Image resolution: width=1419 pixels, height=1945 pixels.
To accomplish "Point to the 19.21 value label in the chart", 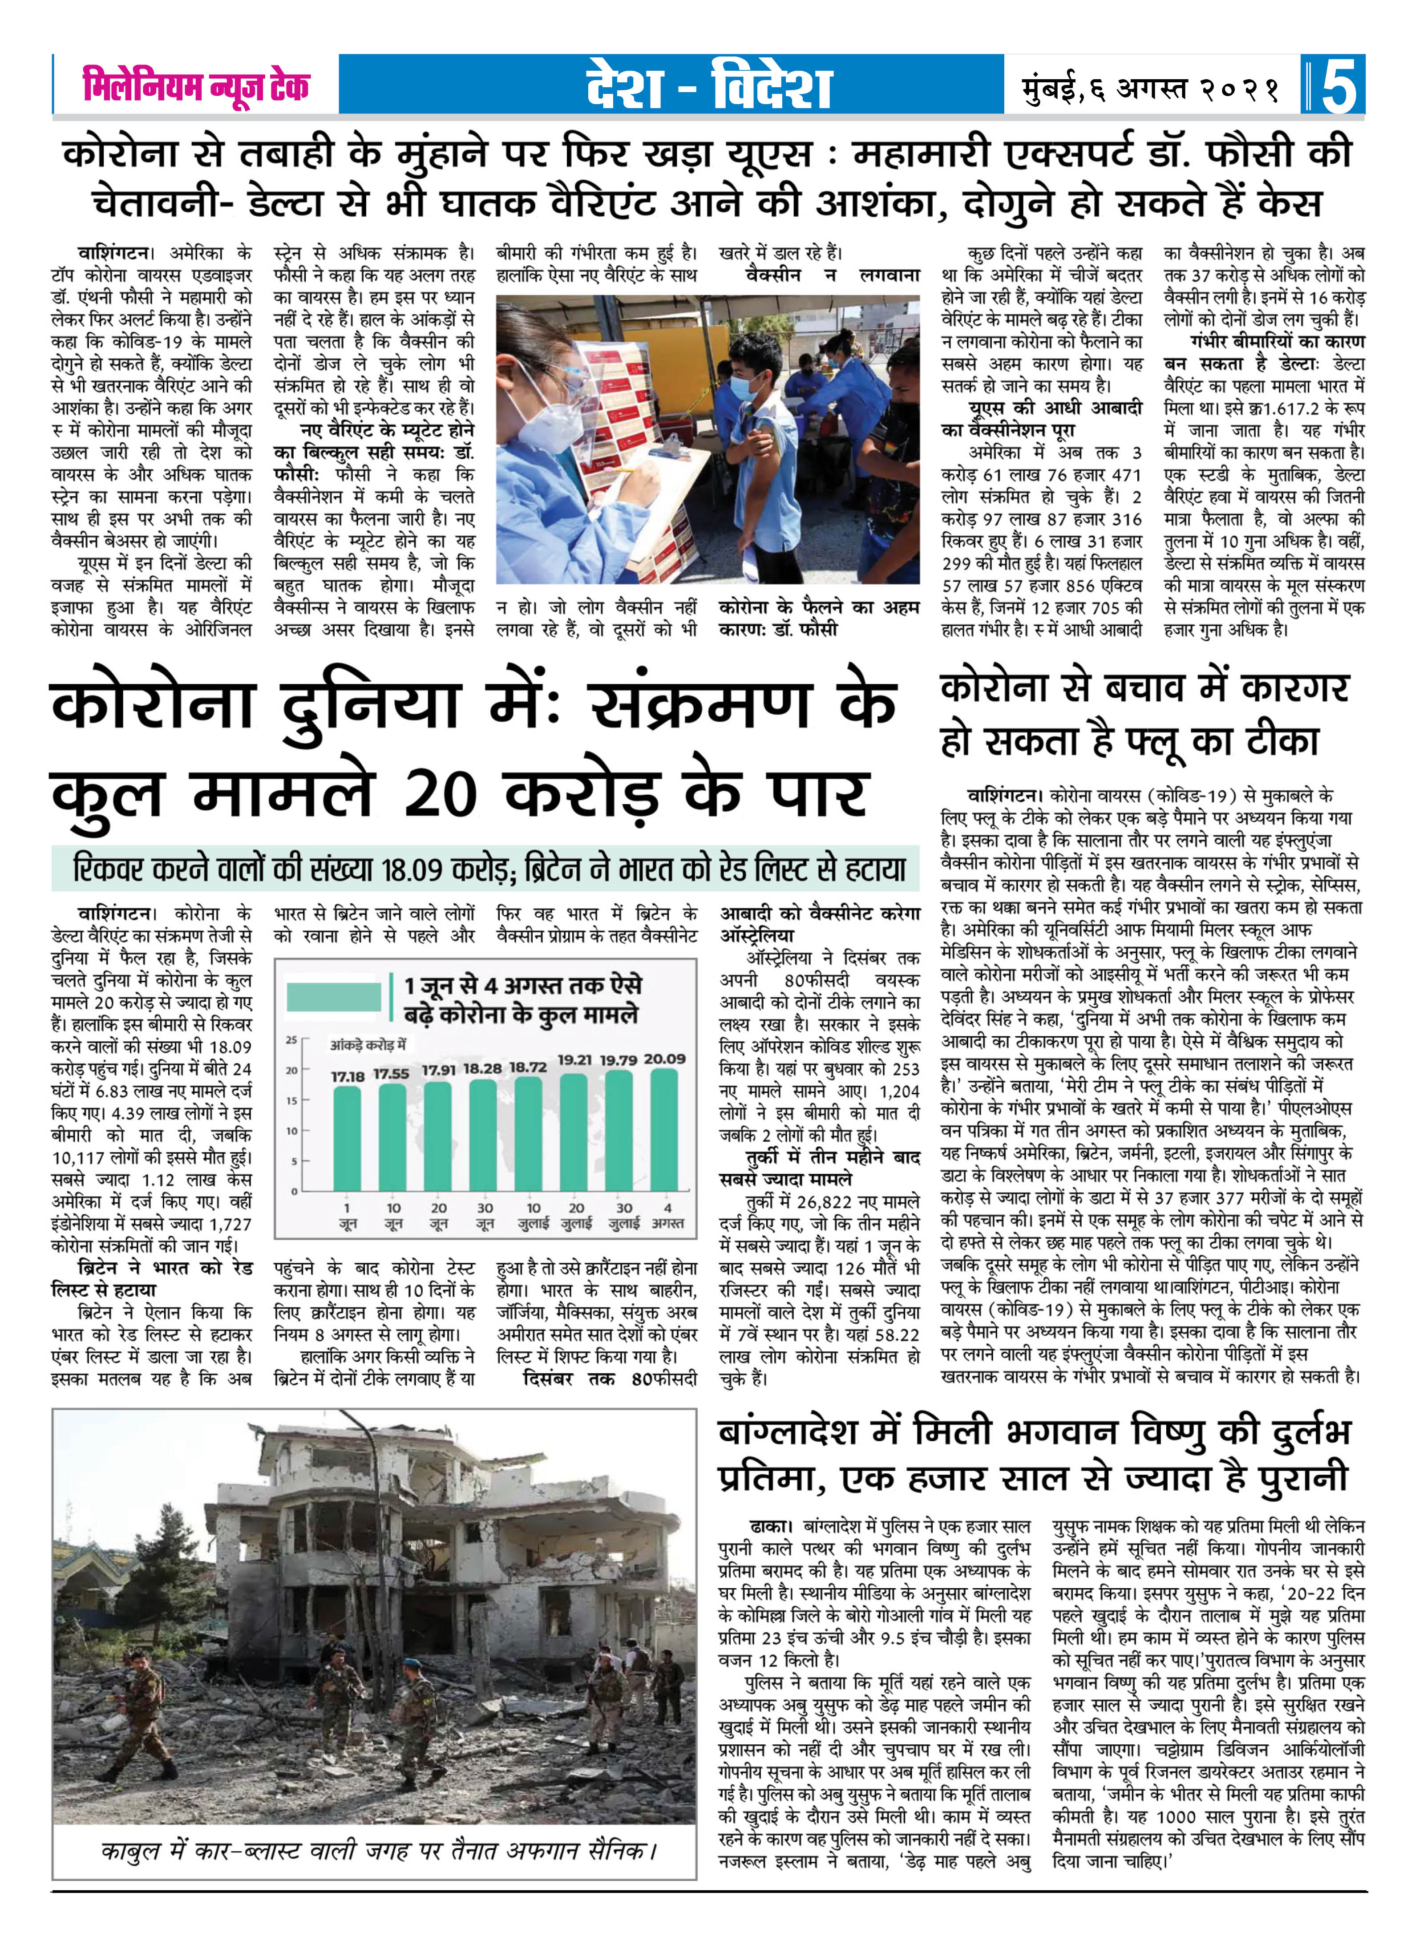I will coord(574,1059).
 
